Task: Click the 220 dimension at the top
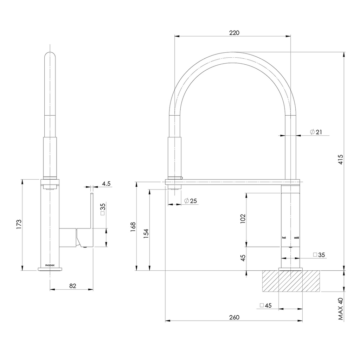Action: pos(234,33)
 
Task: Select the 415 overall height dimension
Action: pos(341,161)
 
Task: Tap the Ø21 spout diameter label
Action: pos(316,132)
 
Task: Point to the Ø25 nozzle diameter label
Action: pos(191,201)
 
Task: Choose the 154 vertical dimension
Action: pos(146,233)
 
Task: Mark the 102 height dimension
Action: pos(242,219)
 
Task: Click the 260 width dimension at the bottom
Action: pos(234,317)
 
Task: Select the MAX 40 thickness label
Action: pos(340,309)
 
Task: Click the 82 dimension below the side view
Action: pos(73,286)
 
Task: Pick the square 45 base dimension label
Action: pos(266,306)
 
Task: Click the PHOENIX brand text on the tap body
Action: pos(50,265)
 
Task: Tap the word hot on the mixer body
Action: pos(284,238)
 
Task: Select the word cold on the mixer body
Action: pos(297,238)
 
